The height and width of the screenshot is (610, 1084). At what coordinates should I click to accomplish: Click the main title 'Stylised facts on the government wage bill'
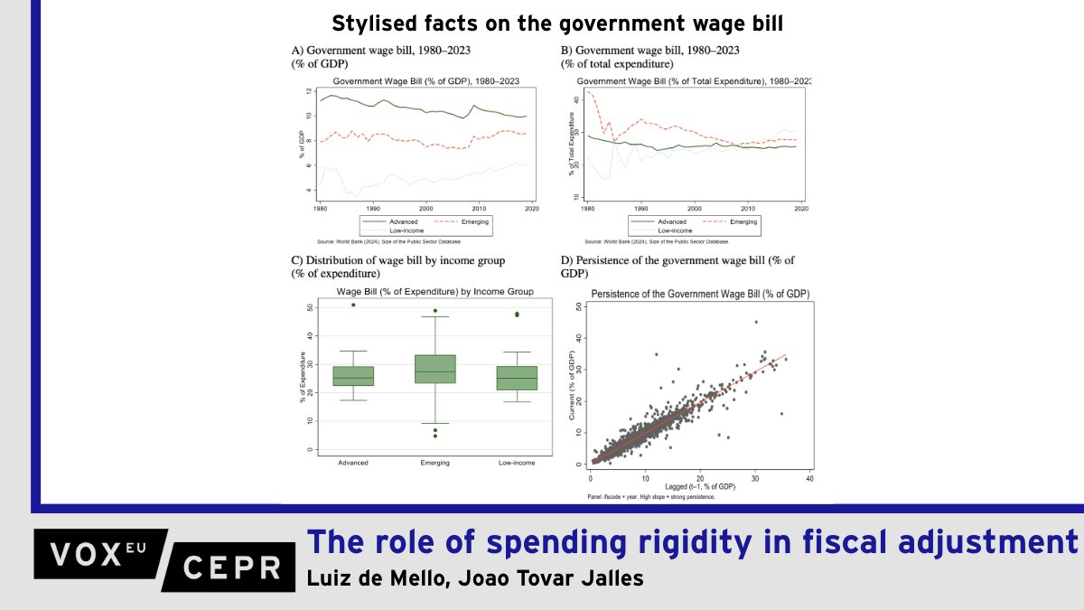(x=557, y=23)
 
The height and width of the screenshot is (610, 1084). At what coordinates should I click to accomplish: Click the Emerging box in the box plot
(x=435, y=369)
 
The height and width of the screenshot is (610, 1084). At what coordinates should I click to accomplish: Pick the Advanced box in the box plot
(x=353, y=376)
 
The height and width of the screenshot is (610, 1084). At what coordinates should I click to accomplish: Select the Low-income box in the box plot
(x=517, y=378)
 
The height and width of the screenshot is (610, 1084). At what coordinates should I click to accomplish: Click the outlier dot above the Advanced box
(x=353, y=305)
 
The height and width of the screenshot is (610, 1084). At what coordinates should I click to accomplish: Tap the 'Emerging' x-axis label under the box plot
(x=435, y=463)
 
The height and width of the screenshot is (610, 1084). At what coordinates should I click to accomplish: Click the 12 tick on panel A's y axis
(x=309, y=92)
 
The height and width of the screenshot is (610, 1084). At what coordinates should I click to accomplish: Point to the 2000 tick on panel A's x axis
(x=426, y=208)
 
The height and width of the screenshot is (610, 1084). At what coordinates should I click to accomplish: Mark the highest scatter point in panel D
(x=756, y=322)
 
